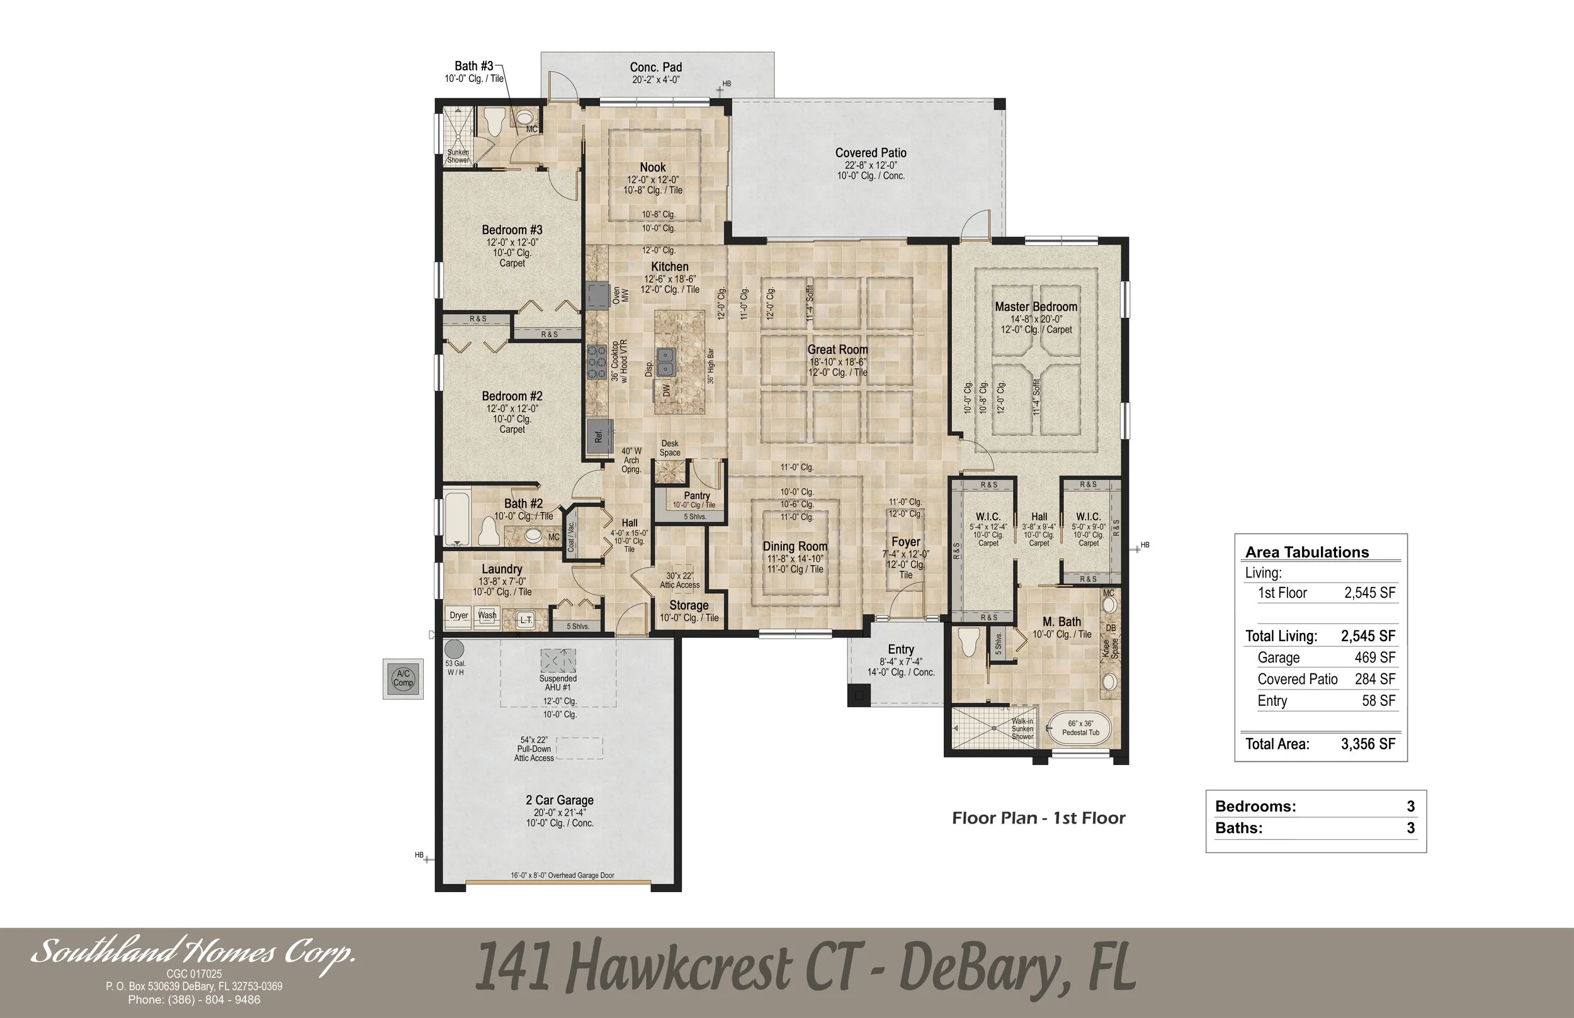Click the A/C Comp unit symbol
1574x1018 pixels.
click(x=403, y=679)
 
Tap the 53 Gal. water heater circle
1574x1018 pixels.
click(x=453, y=649)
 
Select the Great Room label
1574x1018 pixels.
click(x=837, y=350)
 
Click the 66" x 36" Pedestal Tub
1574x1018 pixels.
click(x=1080, y=728)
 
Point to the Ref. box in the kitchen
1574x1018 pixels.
click(x=599, y=436)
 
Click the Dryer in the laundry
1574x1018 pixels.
click(x=458, y=615)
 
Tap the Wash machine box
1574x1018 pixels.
click(x=487, y=615)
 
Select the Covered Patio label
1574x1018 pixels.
click(x=870, y=154)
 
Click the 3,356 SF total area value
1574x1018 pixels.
click(x=1367, y=744)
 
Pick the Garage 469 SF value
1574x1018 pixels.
click(x=1374, y=657)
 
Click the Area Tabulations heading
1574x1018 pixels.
click(x=1307, y=552)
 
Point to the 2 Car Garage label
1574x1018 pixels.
click(x=560, y=800)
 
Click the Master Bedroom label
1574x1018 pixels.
click(x=1036, y=307)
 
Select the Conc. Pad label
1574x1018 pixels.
click(x=655, y=67)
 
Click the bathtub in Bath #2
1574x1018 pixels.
click(x=456, y=518)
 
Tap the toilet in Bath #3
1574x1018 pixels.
click(x=494, y=122)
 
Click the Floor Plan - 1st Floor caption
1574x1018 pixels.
click(x=1038, y=819)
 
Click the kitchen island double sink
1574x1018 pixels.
click(x=665, y=362)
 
